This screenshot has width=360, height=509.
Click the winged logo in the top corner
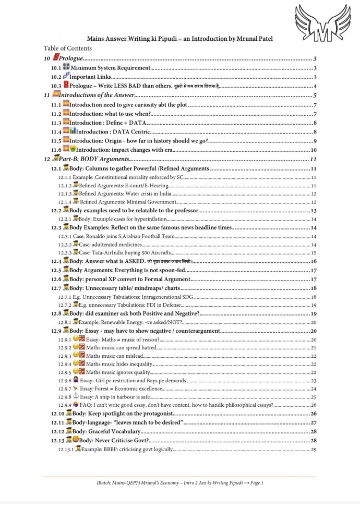coord(321,23)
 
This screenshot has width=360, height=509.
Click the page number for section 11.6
coord(314,150)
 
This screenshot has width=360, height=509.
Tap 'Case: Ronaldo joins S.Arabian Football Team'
coord(125,236)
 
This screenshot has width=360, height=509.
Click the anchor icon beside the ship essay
coord(75,396)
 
